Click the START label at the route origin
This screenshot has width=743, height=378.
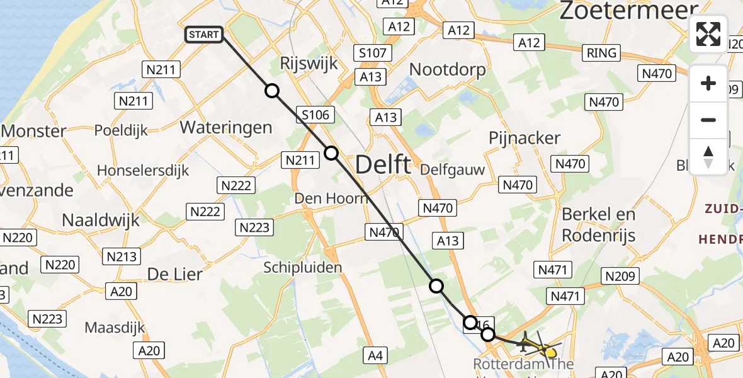click(x=204, y=35)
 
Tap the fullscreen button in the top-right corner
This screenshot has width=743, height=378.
click(x=708, y=34)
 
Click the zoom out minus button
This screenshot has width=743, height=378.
click(x=708, y=120)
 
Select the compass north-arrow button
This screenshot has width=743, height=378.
click(x=708, y=156)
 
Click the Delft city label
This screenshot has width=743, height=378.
click(x=383, y=165)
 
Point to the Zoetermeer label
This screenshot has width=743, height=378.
click(x=628, y=10)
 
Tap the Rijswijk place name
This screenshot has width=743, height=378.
click(x=309, y=64)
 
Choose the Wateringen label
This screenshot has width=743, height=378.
click(x=226, y=127)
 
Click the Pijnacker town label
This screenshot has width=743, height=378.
click(x=525, y=139)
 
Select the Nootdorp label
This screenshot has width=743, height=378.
click(x=448, y=69)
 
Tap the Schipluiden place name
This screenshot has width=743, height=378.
click(x=303, y=268)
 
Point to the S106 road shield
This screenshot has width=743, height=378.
click(x=315, y=115)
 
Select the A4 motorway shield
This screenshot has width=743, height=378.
click(x=375, y=356)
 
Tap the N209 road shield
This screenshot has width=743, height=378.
click(x=621, y=276)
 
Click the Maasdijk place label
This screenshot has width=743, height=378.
click(x=115, y=328)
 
